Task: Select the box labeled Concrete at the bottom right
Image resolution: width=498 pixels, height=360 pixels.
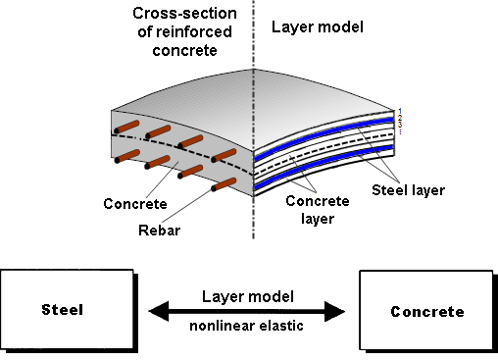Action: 426,312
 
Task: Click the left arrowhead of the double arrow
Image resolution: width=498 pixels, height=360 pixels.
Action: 157,312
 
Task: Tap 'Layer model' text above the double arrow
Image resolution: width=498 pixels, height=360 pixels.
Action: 246,294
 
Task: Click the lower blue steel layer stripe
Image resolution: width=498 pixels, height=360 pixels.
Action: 324,171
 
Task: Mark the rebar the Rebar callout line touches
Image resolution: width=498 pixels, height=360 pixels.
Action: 224,184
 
